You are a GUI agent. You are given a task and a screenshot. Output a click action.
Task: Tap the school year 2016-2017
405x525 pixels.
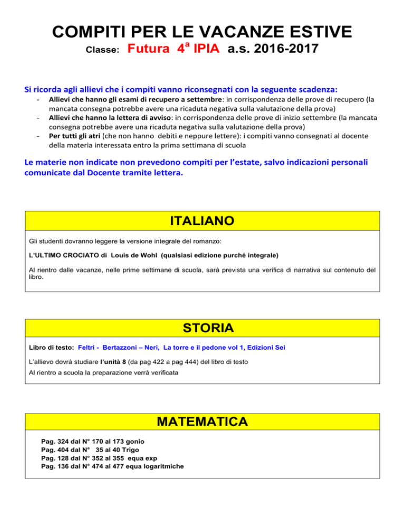290,51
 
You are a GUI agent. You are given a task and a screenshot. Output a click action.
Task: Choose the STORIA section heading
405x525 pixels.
202,328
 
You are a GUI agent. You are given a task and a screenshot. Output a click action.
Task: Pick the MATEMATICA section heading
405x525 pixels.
202,423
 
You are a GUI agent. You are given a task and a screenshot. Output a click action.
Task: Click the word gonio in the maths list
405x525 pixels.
133,441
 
